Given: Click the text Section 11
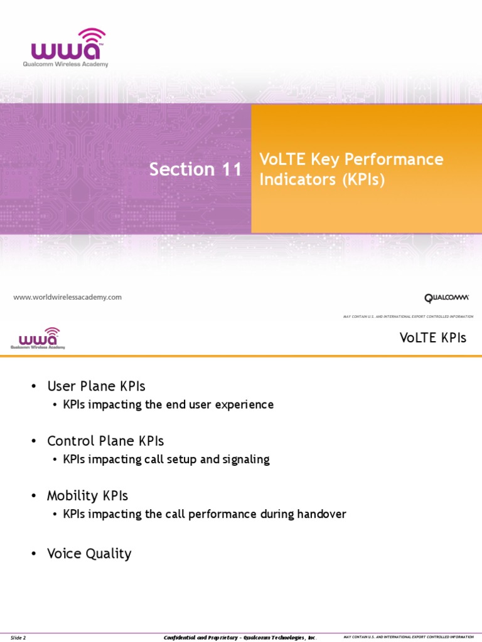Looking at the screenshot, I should pos(195,169).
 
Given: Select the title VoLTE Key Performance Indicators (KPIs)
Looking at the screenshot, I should pos(351,169).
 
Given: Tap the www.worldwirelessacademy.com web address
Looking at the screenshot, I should pos(68,297).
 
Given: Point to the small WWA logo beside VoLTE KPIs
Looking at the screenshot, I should pos(38,339).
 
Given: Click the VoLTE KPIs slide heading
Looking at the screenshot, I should pos(433,338).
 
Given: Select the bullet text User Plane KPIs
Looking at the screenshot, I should pos(96,386).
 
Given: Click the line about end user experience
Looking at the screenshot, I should pos(168,404).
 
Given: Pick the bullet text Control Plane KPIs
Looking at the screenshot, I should pos(105,441).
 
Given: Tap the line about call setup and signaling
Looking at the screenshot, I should pos(166,460).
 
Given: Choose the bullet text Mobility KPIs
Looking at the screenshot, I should pos(87,496).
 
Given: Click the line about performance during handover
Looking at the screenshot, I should pos(205,514).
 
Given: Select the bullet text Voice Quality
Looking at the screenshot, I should pos(89,554).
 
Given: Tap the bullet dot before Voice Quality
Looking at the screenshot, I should pos(33,554).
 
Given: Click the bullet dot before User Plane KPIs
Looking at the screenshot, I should pos(33,386).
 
